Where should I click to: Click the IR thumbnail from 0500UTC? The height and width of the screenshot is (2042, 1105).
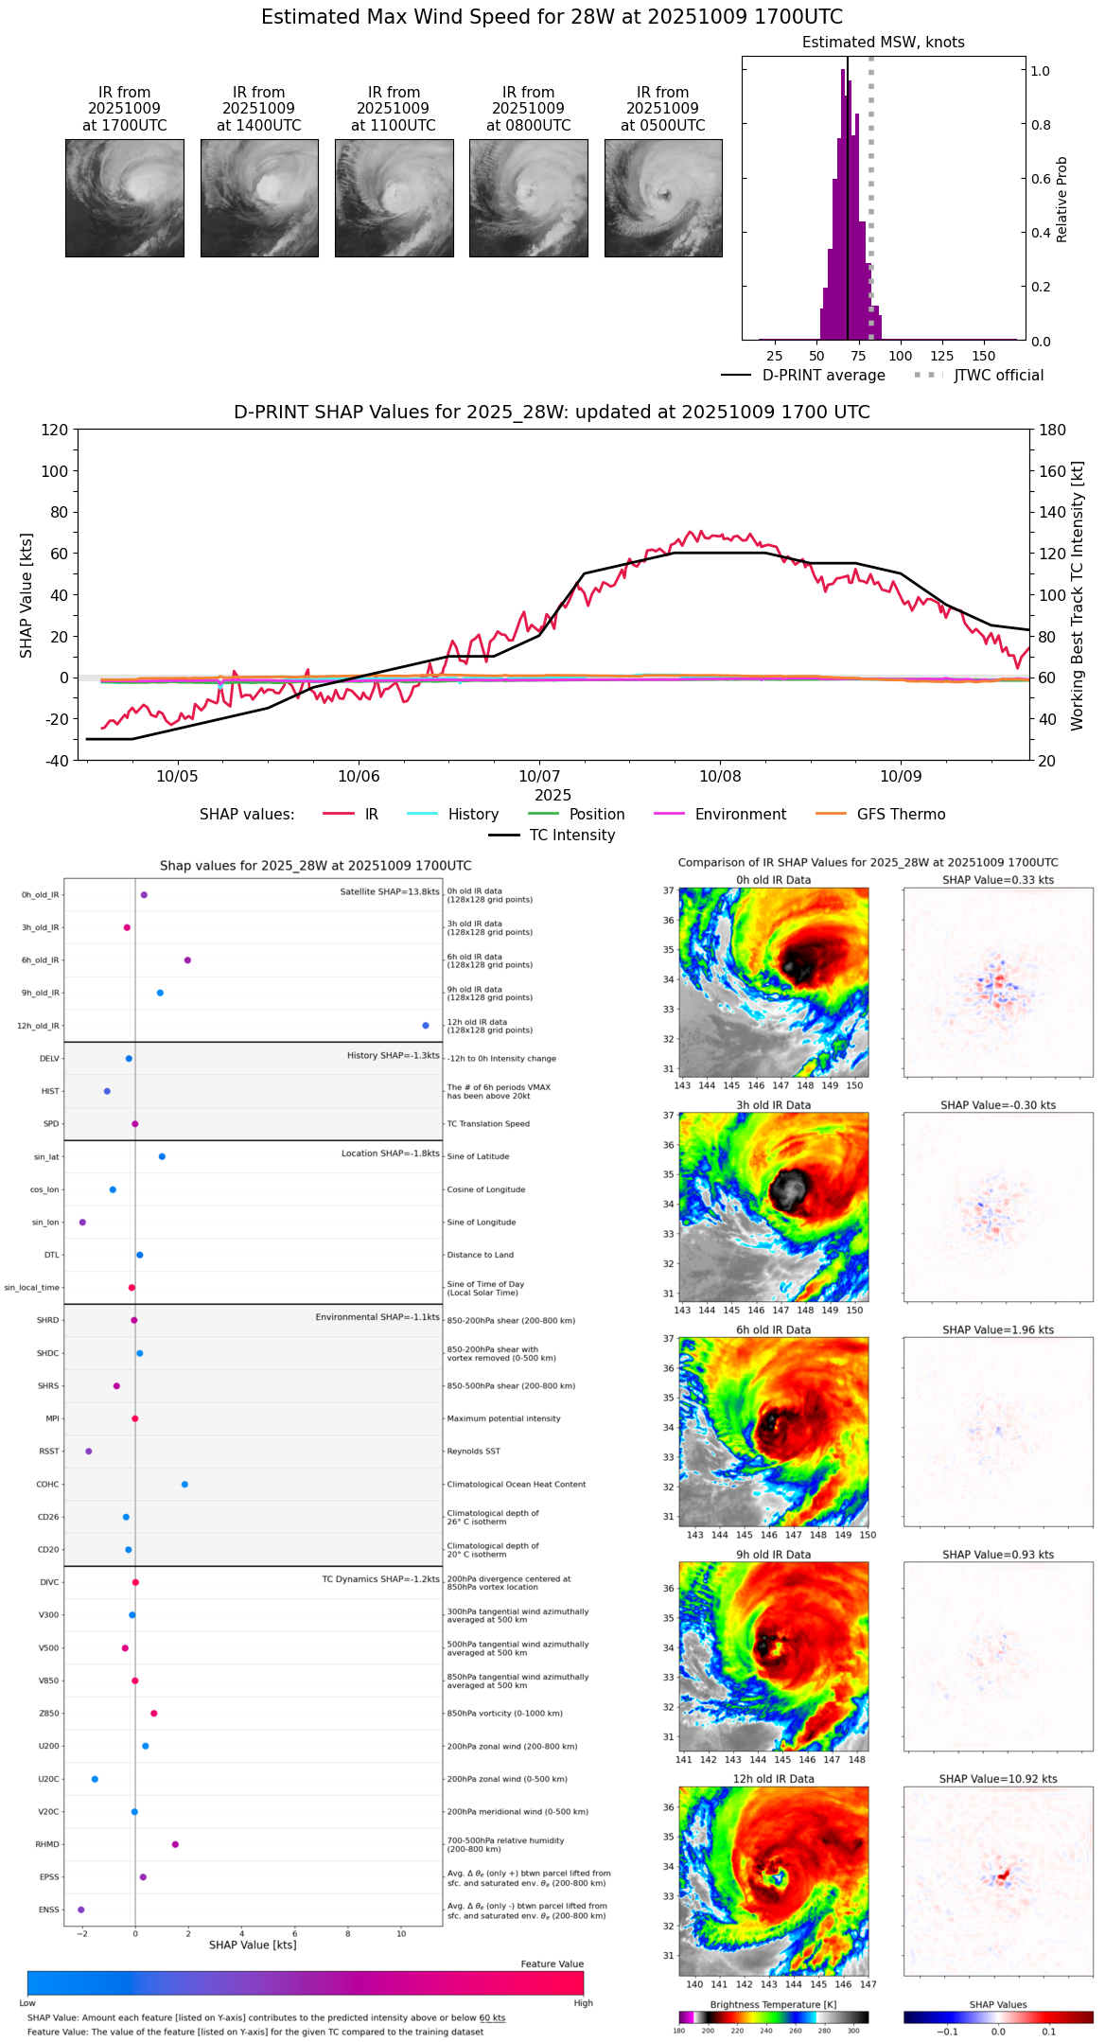pyautogui.click(x=663, y=198)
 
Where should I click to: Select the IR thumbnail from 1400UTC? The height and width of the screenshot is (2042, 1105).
pyautogui.click(x=259, y=198)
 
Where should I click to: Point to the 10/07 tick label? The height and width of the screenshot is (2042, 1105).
pyautogui.click(x=539, y=777)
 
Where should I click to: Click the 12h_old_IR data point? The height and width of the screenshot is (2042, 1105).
pyautogui.click(x=426, y=1026)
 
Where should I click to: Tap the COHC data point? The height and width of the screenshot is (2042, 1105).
pyautogui.click(x=184, y=1485)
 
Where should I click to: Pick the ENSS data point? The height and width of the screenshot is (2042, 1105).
pyautogui.click(x=81, y=1910)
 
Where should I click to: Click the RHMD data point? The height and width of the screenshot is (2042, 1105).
pyautogui.click(x=175, y=1844)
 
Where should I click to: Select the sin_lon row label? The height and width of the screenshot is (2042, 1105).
pyautogui.click(x=45, y=1223)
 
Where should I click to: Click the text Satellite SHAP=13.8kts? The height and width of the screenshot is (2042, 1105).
pyautogui.click(x=390, y=892)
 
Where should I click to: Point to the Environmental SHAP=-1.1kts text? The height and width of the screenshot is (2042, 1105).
pyautogui.click(x=377, y=1317)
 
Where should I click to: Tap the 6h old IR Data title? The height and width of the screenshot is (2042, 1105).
pyautogui.click(x=773, y=1329)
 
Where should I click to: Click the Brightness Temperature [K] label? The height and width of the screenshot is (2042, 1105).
pyautogui.click(x=773, y=2004)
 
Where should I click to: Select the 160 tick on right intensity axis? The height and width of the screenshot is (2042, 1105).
pyautogui.click(x=1053, y=471)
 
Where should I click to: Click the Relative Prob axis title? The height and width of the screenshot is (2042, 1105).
pyautogui.click(x=1061, y=200)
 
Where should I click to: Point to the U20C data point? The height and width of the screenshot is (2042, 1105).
pyautogui.click(x=95, y=1779)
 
